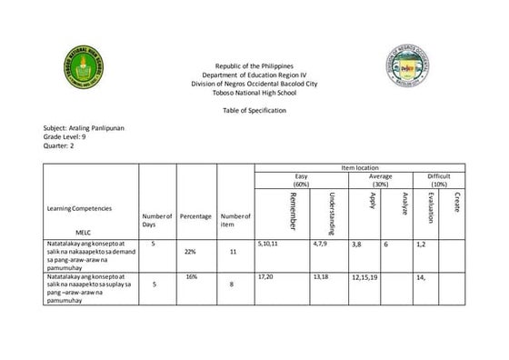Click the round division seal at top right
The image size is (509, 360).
point(415,68)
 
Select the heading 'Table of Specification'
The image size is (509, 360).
point(254,110)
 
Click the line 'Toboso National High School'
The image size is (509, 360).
point(254,92)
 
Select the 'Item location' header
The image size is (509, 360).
point(359,169)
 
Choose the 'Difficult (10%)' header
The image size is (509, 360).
point(439,180)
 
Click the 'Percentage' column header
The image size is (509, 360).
point(195,216)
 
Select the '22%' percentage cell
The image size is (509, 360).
point(190,251)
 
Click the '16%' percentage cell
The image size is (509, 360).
point(191,275)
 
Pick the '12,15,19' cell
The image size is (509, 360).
point(364,277)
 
